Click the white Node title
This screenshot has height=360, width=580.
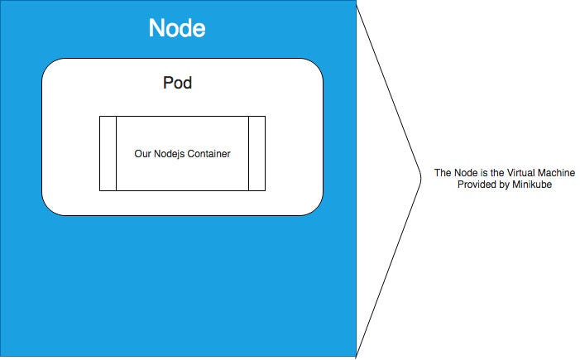pos(177,29)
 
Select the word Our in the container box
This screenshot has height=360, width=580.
pos(141,154)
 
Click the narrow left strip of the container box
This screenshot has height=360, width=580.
pos(108,154)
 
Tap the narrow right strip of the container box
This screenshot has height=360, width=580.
pos(256,154)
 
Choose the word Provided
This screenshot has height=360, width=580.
pos(477,185)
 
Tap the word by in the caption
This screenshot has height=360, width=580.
pos(504,185)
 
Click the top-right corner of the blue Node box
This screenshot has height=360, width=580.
pos(356,2)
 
